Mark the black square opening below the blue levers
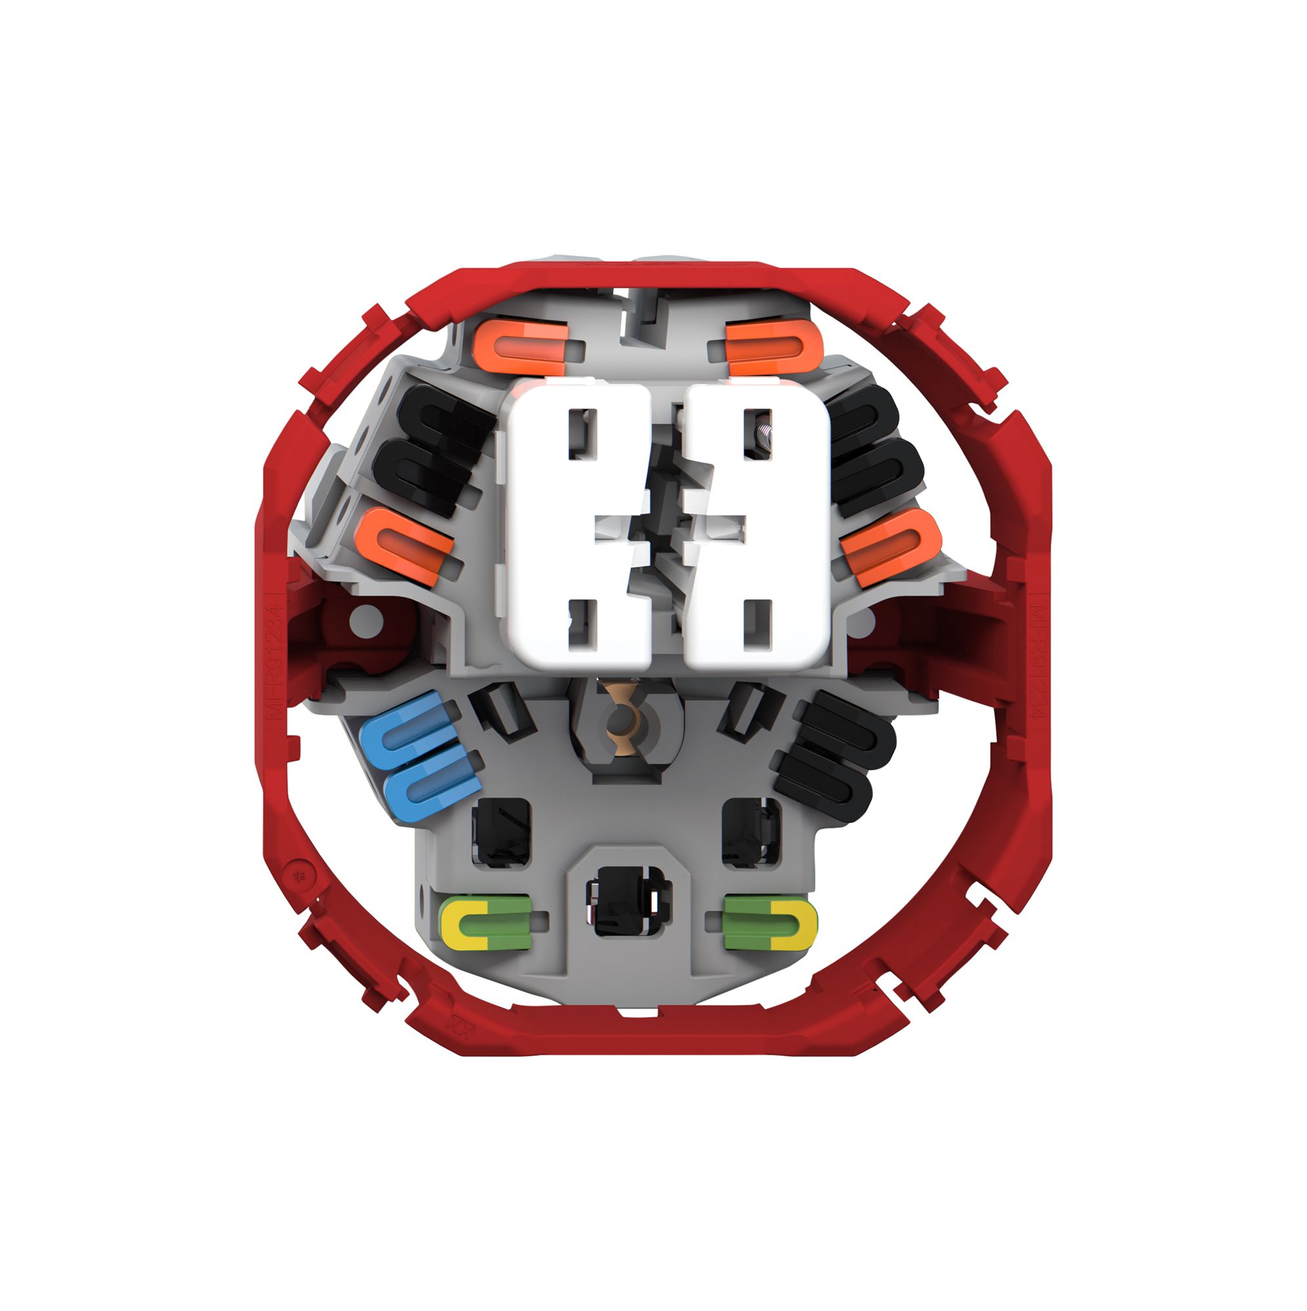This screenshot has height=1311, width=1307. pos(501,831)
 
